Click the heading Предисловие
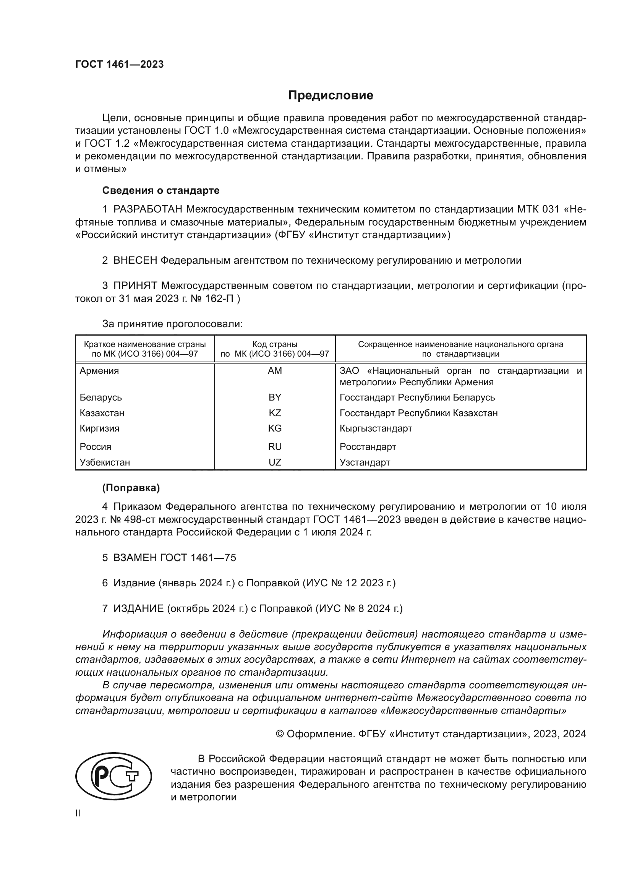tap(331, 96)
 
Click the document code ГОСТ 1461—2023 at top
tap(120, 64)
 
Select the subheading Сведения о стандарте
tap(161, 190)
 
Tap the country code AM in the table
tap(275, 371)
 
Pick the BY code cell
tap(275, 397)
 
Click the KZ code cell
tap(275, 413)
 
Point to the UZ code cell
tap(275, 462)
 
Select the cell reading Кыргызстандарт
tap(376, 428)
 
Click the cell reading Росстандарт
tap(368, 446)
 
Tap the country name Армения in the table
tap(99, 371)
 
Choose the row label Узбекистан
tap(105, 462)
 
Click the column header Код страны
tap(275, 344)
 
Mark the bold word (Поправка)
tap(131, 488)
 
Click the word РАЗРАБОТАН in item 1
tap(147, 209)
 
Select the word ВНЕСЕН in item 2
tap(135, 261)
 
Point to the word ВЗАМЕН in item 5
tap(135, 558)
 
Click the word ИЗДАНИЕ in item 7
tap(139, 608)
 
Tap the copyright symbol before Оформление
tap(279, 734)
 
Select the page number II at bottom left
tap(78, 813)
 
